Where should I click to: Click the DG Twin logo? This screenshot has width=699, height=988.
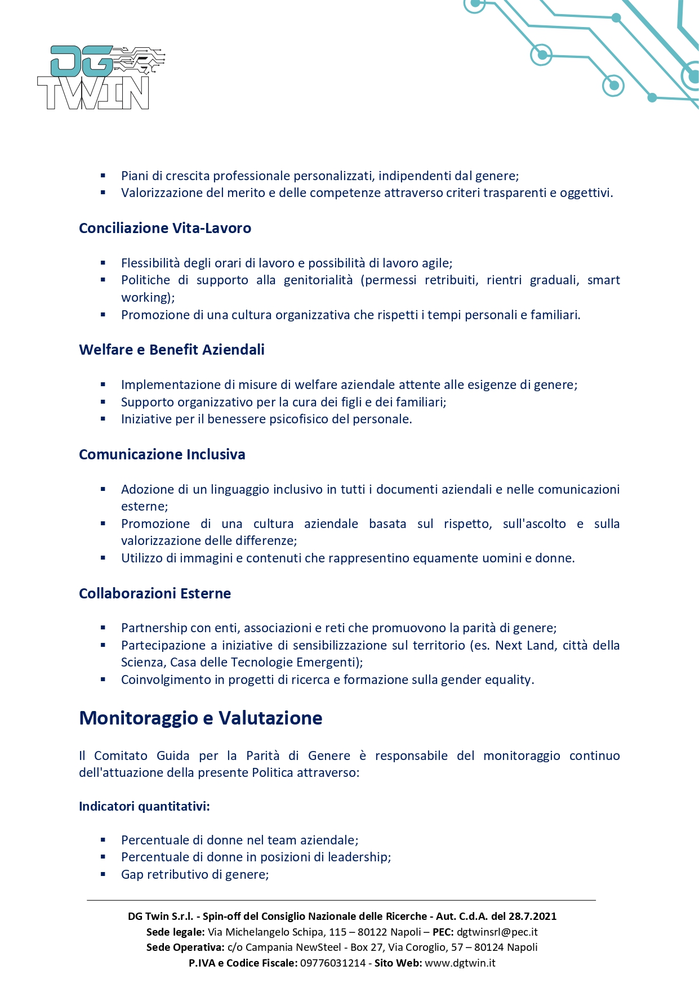[100, 78]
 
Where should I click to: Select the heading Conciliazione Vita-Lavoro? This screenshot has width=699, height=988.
[165, 228]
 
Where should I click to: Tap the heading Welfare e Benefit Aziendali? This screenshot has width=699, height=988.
[172, 350]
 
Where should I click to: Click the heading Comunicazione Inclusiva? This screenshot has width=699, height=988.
[162, 454]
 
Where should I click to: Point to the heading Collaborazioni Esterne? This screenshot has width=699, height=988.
[155, 593]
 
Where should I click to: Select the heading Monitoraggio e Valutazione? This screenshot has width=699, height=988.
[201, 718]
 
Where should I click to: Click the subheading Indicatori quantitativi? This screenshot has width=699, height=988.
[144, 806]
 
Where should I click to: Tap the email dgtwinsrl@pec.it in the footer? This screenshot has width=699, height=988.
[497, 932]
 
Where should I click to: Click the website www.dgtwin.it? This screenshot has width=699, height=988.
[460, 963]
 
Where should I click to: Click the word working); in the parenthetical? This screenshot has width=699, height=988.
[148, 297]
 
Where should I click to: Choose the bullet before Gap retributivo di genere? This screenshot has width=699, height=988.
[103, 874]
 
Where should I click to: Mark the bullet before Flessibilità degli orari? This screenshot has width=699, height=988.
[103, 263]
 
